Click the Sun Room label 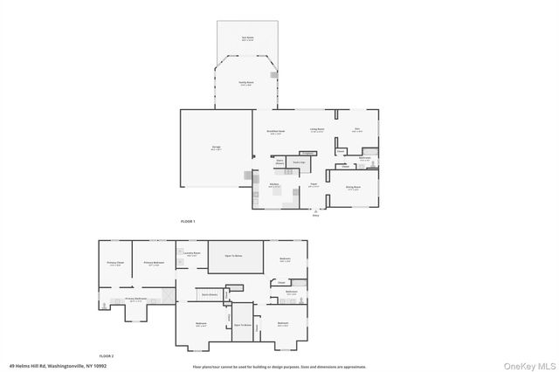coord(247,38)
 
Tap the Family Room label coord(246,83)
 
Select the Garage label coord(216,148)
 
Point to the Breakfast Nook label coord(275,133)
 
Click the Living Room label coord(317,129)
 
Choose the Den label coord(357,129)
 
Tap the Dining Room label coord(353,188)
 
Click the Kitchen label coord(273,185)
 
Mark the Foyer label coord(313,185)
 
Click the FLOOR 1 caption coord(188,222)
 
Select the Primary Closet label coord(115,263)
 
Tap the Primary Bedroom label coord(152,263)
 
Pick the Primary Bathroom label coord(133,299)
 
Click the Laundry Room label coord(192,253)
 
